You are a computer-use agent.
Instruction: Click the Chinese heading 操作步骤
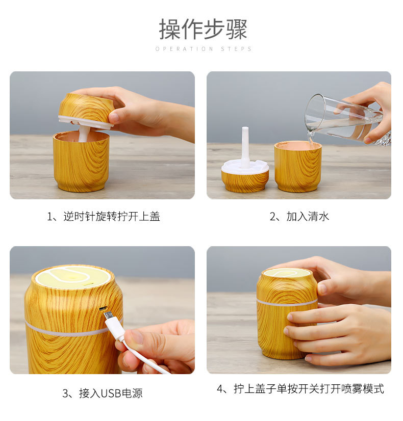(x=203, y=29)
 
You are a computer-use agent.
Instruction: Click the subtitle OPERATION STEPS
(x=204, y=49)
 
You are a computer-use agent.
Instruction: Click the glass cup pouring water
(x=344, y=118)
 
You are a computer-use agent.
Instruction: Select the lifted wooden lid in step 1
(x=85, y=110)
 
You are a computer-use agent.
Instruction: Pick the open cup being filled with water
(x=298, y=167)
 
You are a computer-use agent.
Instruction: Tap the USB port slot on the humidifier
(x=103, y=308)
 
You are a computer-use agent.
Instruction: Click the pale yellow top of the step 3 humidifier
(x=73, y=277)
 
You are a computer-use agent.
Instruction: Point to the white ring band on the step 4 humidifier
(x=287, y=303)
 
